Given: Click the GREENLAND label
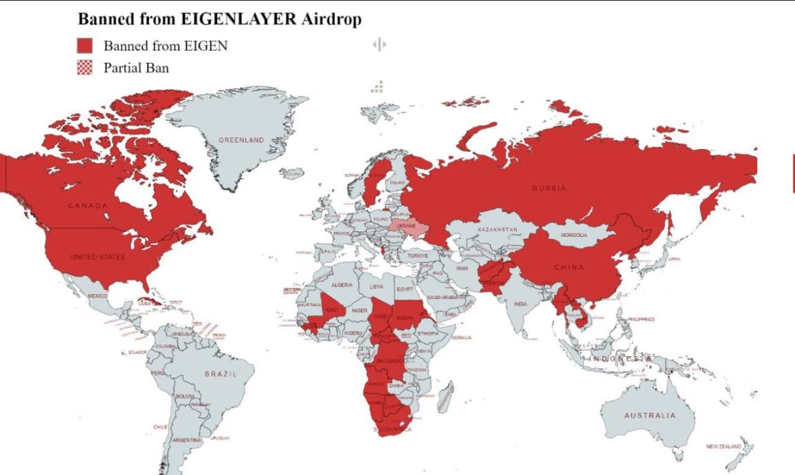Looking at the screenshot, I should [242, 140].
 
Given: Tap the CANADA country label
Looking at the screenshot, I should [88, 206].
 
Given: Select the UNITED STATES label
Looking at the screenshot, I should [98, 257].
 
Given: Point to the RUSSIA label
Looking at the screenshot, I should [549, 188].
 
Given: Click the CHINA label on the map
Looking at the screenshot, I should [569, 267].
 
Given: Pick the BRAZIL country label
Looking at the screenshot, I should [221, 374].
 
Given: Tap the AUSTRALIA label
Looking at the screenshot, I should [650, 416].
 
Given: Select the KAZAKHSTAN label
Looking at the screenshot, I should [498, 229].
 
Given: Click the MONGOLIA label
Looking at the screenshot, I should [573, 235].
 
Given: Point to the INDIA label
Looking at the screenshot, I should [520, 304].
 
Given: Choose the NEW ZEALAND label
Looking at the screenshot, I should [723, 447].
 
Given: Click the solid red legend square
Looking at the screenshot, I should [84, 46].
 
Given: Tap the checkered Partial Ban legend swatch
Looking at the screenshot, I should [84, 68].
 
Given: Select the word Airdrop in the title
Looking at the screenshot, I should [331, 19].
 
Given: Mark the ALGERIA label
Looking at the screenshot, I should [342, 285].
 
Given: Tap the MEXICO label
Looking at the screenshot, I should [97, 295].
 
